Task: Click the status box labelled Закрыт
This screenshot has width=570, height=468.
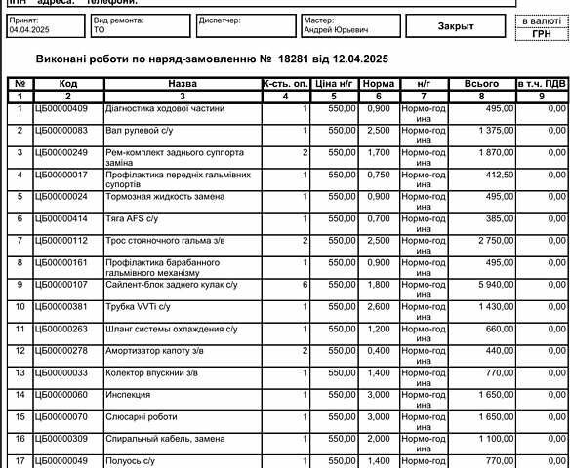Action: point(456,26)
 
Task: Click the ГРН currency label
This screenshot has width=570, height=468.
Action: point(541,33)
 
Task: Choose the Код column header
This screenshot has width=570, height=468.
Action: point(67,85)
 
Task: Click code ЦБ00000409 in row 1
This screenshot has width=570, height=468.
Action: point(61,108)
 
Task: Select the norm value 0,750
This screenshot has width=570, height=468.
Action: point(378,175)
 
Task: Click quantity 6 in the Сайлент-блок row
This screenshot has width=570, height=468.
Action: point(305,285)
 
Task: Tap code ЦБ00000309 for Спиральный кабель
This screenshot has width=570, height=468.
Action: point(61,439)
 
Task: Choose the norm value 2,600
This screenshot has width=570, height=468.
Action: point(378,307)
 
